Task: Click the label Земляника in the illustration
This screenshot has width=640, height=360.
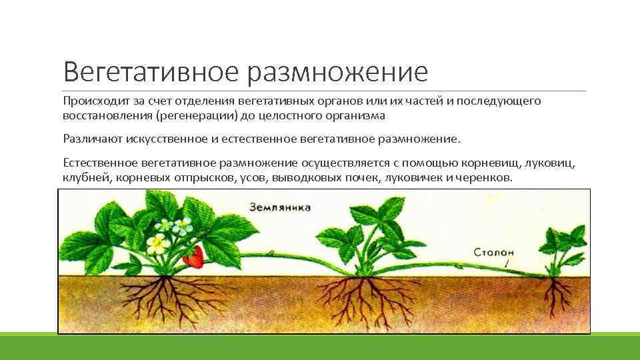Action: point(280,207)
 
